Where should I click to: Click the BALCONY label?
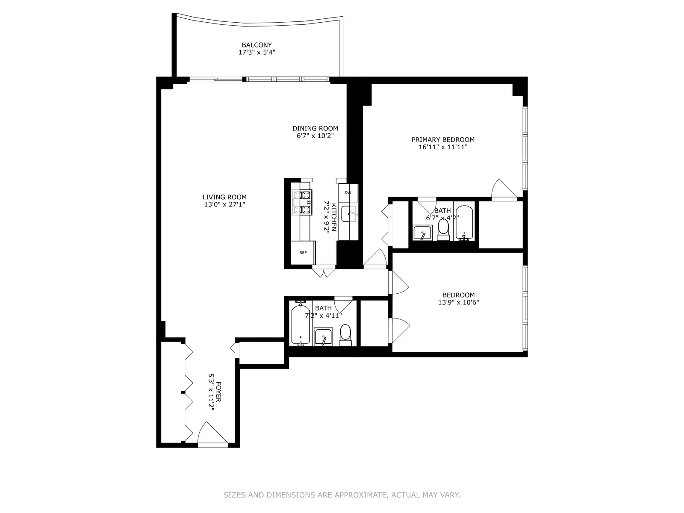(x=256, y=45)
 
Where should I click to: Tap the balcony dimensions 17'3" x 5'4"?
(x=256, y=53)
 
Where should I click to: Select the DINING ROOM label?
(x=315, y=128)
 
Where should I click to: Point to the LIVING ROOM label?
(x=224, y=197)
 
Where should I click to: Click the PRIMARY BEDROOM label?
(x=443, y=139)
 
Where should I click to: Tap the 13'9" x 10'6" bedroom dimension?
(x=458, y=303)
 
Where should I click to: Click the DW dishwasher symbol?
(x=348, y=193)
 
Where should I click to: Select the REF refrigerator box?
(x=303, y=253)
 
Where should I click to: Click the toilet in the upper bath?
(x=443, y=229)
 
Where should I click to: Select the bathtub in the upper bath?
(x=464, y=222)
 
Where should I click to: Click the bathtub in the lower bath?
(x=300, y=324)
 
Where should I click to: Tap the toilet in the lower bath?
(x=345, y=335)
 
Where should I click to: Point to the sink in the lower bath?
(x=323, y=337)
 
